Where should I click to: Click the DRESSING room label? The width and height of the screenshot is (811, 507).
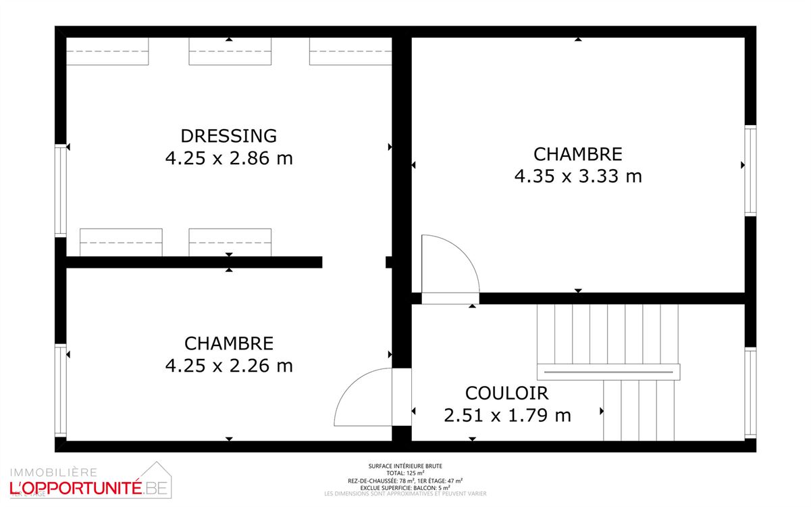229,135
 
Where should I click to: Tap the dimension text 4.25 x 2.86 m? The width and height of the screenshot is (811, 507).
229,158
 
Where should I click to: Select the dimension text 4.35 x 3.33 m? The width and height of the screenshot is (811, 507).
578,176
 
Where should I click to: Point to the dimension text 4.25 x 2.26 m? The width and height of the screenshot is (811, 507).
229,366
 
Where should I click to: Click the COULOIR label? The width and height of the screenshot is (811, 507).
506,393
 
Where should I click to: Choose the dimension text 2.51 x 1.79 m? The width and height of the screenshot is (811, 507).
507,415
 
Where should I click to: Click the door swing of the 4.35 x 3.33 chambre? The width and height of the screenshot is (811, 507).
446,267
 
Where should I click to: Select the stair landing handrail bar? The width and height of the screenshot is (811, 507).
608,372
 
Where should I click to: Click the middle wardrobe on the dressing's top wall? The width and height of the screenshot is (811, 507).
230,52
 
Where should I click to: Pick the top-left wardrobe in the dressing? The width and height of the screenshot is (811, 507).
107,52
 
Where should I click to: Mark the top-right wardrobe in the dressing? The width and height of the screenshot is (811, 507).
350,52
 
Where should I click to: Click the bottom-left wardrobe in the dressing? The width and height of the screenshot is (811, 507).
121,242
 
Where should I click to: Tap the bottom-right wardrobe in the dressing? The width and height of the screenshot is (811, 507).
230,242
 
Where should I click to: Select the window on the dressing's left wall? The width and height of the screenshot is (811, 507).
61,191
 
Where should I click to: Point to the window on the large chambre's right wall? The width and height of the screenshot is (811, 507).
750,170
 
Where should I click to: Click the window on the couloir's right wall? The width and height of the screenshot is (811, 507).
750,392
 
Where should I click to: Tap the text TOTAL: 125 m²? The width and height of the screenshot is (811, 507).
405,473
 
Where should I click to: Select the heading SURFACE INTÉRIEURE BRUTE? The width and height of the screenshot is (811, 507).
405,466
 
